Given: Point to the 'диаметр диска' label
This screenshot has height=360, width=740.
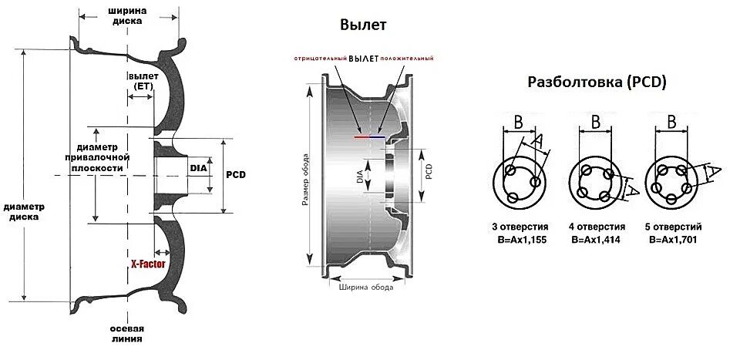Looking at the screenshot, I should coord(24,212).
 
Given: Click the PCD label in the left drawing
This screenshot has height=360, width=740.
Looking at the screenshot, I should coord(235,175).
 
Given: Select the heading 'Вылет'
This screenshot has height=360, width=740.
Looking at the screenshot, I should coord(362,25).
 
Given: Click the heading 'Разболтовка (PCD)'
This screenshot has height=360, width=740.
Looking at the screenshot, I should coord(597,82).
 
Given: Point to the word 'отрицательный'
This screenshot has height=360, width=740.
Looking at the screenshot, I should coord(319,59).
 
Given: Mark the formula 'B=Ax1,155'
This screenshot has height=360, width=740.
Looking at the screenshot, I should coord(520,240).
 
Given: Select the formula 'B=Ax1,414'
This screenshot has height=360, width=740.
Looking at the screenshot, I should coord(596,240).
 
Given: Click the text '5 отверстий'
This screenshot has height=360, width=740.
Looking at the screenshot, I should coord(673,228).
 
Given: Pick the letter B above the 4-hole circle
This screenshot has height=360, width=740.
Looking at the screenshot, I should coord(596,122).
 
